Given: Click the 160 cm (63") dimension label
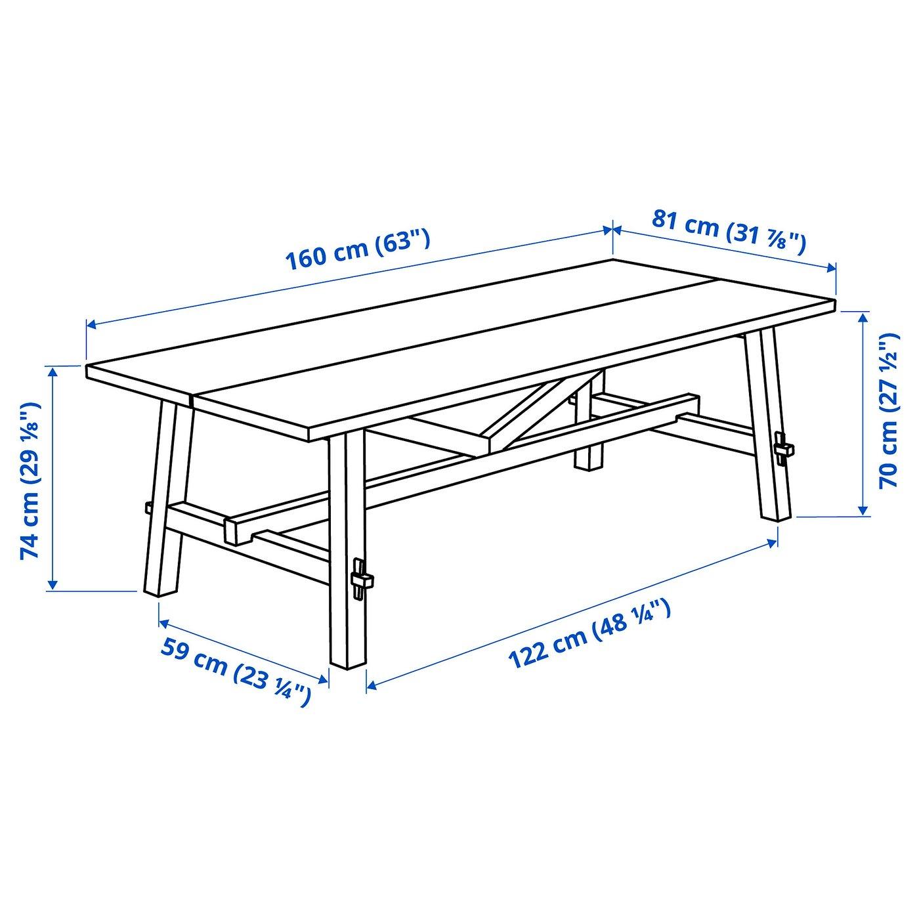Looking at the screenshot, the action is pyautogui.click(x=358, y=249).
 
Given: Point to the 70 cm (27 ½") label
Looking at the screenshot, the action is pyautogui.click(x=889, y=410).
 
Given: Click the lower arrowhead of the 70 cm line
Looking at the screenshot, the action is pyautogui.click(x=863, y=510).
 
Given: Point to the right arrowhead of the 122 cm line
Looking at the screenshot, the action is pyautogui.click(x=772, y=543).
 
